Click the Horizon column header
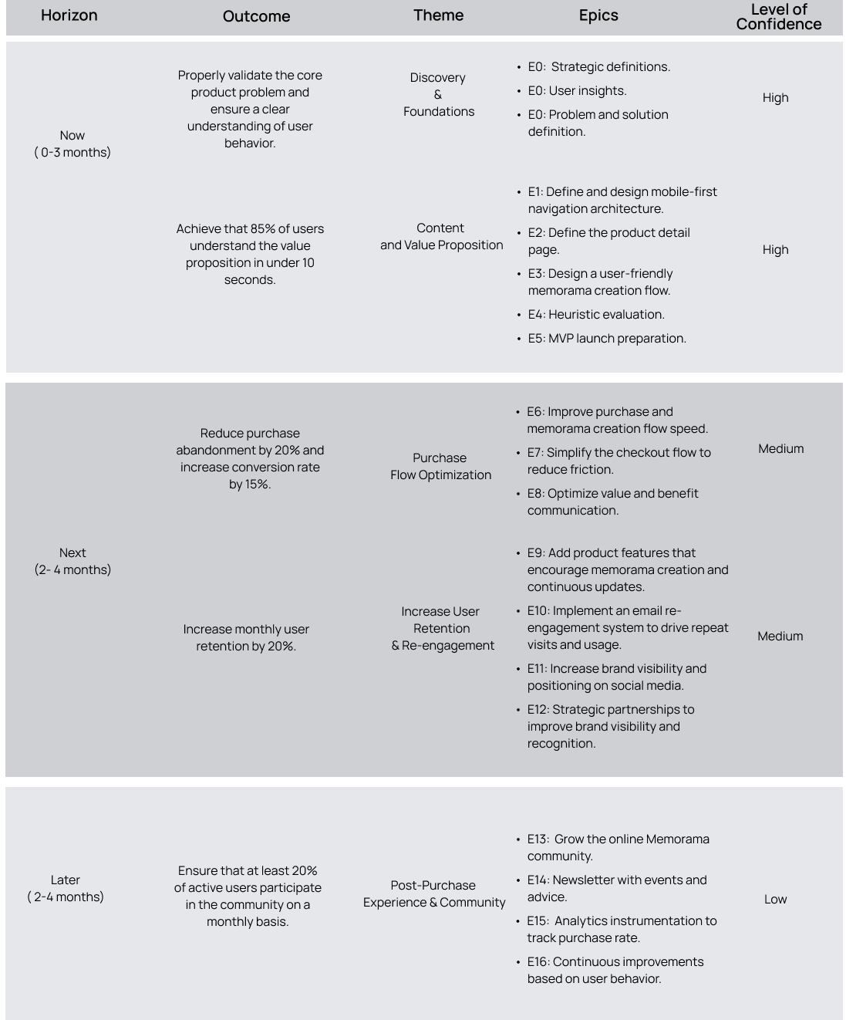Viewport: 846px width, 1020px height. pos(69,15)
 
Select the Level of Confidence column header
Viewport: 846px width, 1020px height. pos(778,16)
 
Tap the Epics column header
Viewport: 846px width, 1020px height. pos(598,15)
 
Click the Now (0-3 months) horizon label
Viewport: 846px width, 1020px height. pos(72,144)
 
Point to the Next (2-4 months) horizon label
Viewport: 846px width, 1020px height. pos(72,561)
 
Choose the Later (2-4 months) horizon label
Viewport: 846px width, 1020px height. pos(66,888)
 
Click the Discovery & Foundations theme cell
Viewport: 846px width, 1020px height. pos(438,94)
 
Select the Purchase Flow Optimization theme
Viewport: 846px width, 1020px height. pos(440,466)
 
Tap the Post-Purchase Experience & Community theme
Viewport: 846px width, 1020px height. pos(434,893)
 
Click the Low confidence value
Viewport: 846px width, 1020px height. pos(775,899)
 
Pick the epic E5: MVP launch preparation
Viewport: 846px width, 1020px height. pos(607,338)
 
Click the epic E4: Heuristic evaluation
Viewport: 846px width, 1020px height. pos(596,314)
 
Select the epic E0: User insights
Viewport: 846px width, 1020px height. pos(577,90)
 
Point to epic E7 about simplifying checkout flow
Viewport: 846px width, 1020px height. pos(618,461)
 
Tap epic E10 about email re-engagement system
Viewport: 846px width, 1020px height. pos(627,627)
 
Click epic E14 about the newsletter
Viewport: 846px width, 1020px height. pos(616,888)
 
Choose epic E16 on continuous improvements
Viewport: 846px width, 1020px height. pos(615,970)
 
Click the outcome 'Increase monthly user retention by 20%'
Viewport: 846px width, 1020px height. pos(246,637)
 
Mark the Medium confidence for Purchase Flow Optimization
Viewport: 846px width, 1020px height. pos(780,448)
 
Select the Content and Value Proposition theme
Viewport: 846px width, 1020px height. pos(441,236)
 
